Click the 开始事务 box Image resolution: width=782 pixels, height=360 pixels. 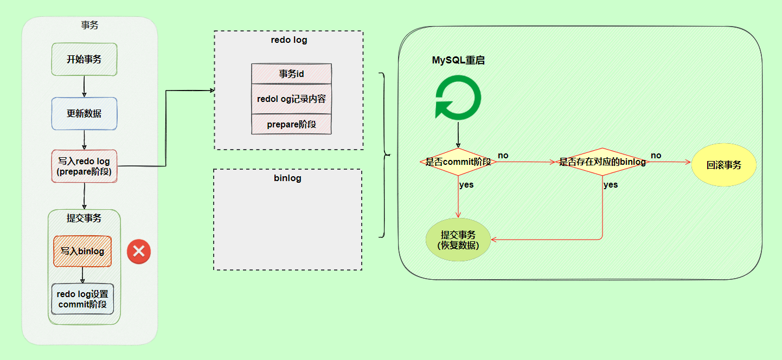[84, 59]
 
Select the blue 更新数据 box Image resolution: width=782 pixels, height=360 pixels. [84, 113]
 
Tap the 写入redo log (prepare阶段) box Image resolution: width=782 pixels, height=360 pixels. [84, 166]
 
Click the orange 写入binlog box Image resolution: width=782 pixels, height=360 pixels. [82, 251]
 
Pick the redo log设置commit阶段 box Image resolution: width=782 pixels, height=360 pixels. [82, 299]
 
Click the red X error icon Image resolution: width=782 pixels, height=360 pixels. [138, 252]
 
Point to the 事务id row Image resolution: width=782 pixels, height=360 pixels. [291, 74]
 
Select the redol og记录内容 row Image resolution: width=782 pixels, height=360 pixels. [291, 99]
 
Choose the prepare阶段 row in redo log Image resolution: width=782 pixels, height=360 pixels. [291, 124]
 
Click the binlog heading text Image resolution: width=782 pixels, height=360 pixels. [287, 178]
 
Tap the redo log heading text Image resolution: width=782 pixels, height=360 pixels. [289, 40]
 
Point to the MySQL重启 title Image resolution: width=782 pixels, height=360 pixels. [458, 60]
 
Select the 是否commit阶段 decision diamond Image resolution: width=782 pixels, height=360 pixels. [458, 162]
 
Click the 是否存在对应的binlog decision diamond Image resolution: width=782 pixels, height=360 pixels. [602, 162]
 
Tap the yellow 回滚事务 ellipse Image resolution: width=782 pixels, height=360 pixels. [723, 165]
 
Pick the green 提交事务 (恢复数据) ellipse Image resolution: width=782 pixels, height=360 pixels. [458, 240]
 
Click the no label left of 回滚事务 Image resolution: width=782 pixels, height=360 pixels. [656, 156]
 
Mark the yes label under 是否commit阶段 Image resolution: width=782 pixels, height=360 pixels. [466, 185]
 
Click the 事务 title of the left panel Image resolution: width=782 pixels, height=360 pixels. [89, 25]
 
